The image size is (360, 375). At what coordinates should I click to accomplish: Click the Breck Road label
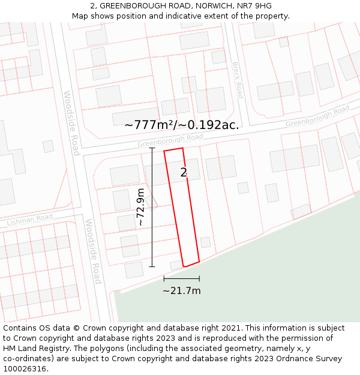pyautogui.click(x=237, y=80)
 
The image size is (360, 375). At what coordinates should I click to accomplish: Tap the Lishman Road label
pyautogui.click(x=30, y=220)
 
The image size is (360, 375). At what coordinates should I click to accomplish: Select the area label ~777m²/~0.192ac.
pyautogui.click(x=181, y=125)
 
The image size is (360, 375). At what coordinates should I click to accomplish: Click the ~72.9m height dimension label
pyautogui.click(x=140, y=207)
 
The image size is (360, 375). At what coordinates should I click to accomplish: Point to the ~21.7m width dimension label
pyautogui.click(x=182, y=291)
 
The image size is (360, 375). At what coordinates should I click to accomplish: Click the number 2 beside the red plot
pyautogui.click(x=184, y=173)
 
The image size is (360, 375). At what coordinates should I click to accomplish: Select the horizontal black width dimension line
pyautogui.click(x=182, y=279)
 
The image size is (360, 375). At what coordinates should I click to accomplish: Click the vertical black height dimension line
pyautogui.click(x=152, y=207)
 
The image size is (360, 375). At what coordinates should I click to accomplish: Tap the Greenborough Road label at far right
pyautogui.click(x=317, y=116)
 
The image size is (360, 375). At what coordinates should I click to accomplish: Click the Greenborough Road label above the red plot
pyautogui.click(x=170, y=140)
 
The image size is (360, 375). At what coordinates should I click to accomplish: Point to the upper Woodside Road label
pyautogui.click(x=71, y=123)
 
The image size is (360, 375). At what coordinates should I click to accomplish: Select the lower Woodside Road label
pyautogui.click(x=93, y=251)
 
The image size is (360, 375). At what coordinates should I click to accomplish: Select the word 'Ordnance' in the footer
pyautogui.click(x=283, y=359)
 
